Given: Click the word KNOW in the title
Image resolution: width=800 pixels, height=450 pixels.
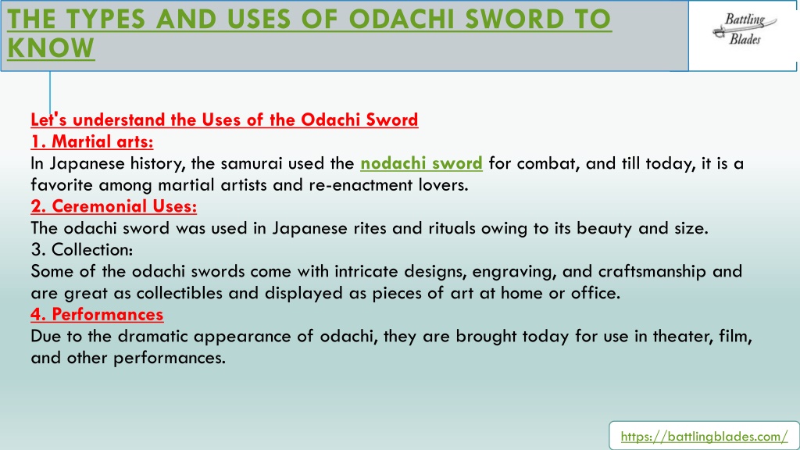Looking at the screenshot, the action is (51, 48).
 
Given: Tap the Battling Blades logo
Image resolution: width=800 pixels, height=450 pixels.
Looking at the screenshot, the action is (745, 29).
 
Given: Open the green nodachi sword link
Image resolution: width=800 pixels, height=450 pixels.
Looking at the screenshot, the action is (421, 163).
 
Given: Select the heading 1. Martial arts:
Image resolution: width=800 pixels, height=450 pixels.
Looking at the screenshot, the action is (92, 141).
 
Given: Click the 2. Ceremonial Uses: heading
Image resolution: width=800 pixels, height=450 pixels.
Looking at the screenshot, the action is (114, 206).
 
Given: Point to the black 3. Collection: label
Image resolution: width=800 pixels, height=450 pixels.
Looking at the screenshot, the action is (81, 249).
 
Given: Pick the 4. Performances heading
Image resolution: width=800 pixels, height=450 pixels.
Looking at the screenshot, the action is (97, 314).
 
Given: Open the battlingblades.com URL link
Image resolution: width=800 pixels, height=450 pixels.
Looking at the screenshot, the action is (704, 437).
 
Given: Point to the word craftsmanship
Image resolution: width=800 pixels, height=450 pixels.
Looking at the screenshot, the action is (652, 271).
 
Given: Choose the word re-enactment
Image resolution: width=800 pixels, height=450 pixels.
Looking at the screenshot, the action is (361, 184).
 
